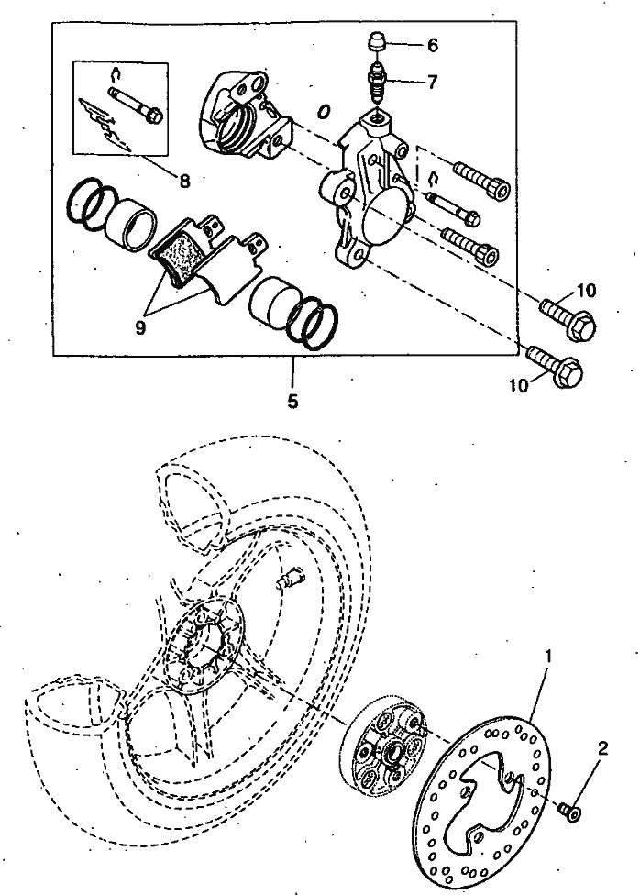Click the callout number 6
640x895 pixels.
(x=432, y=45)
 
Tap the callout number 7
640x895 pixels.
(x=432, y=82)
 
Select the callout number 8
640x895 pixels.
(x=184, y=181)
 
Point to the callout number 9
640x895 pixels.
(x=141, y=327)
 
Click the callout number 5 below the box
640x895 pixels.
(x=292, y=402)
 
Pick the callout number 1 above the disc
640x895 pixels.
(x=548, y=657)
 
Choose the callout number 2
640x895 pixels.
(x=602, y=747)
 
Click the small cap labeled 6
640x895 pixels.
(x=376, y=42)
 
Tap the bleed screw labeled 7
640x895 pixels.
(x=377, y=81)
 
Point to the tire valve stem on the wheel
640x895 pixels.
(x=291, y=580)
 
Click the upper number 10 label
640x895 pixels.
(x=585, y=291)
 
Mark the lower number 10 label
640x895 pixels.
(x=520, y=386)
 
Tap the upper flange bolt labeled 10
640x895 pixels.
(x=568, y=317)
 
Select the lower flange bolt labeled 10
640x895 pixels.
(x=554, y=365)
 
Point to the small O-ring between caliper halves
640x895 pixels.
(x=324, y=111)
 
